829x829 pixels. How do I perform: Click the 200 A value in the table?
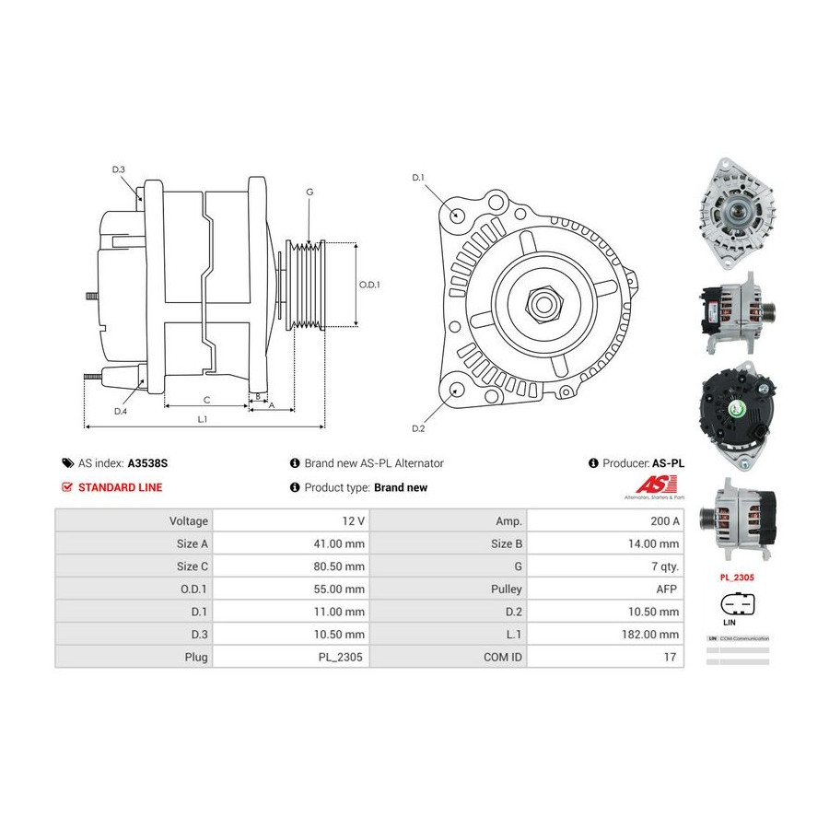(x=664, y=520)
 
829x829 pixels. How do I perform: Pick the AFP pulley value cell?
(x=668, y=589)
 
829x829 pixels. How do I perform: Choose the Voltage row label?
(x=189, y=520)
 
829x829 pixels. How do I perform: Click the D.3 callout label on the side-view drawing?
(x=119, y=169)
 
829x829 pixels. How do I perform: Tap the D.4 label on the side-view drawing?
(x=121, y=411)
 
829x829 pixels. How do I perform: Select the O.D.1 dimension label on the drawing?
(x=369, y=285)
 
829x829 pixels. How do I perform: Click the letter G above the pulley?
(x=309, y=192)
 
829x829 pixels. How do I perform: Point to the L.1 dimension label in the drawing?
(x=203, y=419)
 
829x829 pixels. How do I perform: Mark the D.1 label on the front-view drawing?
(x=417, y=177)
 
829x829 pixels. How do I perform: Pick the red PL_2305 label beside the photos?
(x=737, y=578)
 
